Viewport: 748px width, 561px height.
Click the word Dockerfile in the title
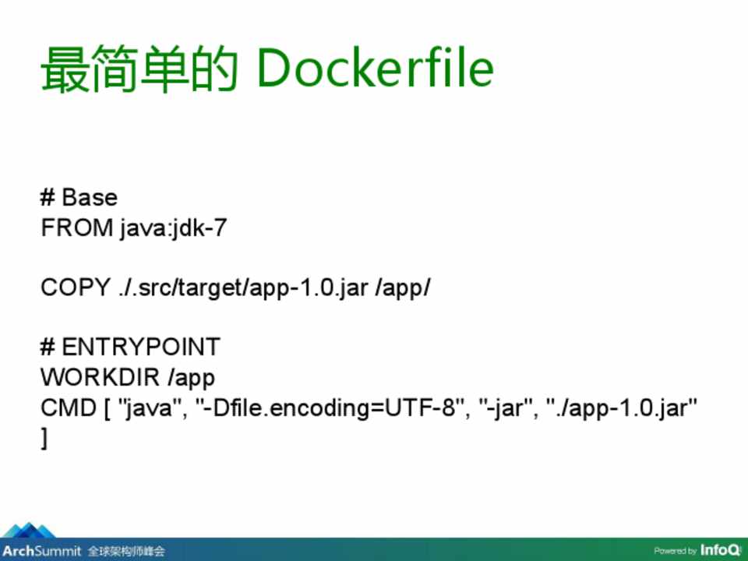pyautogui.click(x=375, y=68)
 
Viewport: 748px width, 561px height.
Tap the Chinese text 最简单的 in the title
pyautogui.click(x=139, y=69)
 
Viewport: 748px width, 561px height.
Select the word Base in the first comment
pyautogui.click(x=90, y=197)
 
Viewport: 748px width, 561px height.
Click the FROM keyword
pyautogui.click(x=77, y=228)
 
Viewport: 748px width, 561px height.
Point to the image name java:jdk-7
pyautogui.click(x=174, y=228)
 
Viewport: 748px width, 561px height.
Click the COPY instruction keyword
pyautogui.click(x=76, y=288)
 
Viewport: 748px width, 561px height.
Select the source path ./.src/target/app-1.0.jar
pyautogui.click(x=243, y=288)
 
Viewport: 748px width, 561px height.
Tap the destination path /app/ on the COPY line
pyautogui.click(x=403, y=288)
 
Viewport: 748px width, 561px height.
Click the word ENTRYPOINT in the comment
pyautogui.click(x=141, y=347)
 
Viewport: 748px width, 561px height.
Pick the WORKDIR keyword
pyautogui.click(x=100, y=377)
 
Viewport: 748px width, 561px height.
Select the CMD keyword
pyautogui.click(x=69, y=408)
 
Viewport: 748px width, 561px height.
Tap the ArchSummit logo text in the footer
pyautogui.click(x=42, y=552)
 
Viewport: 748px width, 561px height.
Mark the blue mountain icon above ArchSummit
pyautogui.click(x=29, y=531)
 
